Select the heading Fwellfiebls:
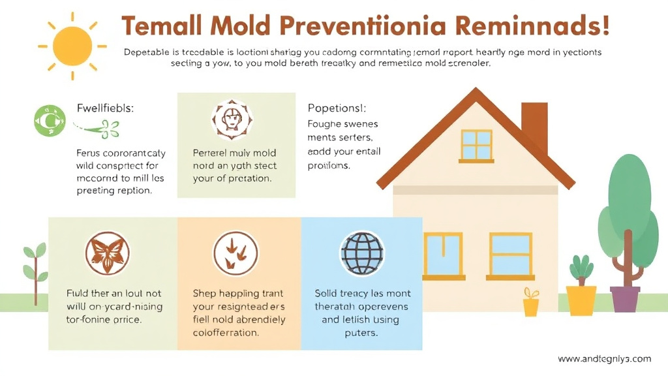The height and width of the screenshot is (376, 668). tap(104, 108)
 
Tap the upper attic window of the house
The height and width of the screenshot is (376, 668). tap(477, 146)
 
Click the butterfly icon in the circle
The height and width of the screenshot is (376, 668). tap(108, 253)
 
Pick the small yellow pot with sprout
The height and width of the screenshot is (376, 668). tap(531, 304)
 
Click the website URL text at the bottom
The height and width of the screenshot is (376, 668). tap(605, 358)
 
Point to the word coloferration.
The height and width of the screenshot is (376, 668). tap(226, 332)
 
